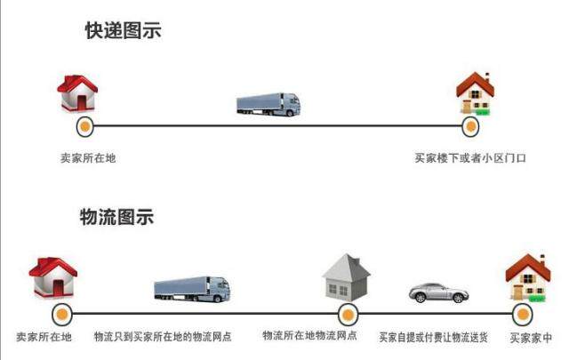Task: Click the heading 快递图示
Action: coord(123,31)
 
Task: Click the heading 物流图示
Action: coord(116,216)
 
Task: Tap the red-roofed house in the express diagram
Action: coord(77,93)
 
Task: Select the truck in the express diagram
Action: coord(268,103)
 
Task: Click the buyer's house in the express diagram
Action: coord(474,95)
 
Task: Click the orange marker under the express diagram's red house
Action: coord(84,126)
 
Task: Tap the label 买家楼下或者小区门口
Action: coord(470,158)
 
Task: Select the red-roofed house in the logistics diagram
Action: coord(53,279)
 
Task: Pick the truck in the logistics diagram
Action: coord(192,288)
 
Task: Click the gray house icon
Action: coord(346,277)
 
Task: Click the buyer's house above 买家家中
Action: coord(527,278)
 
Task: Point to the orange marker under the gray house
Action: coord(348,313)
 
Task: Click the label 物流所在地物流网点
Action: coord(309,336)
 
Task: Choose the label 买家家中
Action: coord(531,339)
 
